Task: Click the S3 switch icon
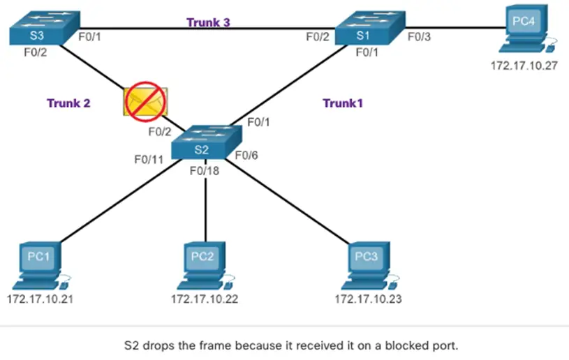pos(36,29)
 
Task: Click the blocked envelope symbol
pos(143,101)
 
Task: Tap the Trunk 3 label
pos(209,22)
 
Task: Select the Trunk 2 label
pos(68,103)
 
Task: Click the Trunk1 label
pos(343,103)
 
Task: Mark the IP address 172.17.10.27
pos(525,68)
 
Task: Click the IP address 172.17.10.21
pos(40,299)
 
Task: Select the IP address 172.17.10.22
pos(205,299)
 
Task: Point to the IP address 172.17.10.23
pos(368,299)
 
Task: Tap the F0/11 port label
pos(149,159)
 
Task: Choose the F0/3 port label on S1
pos(420,38)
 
